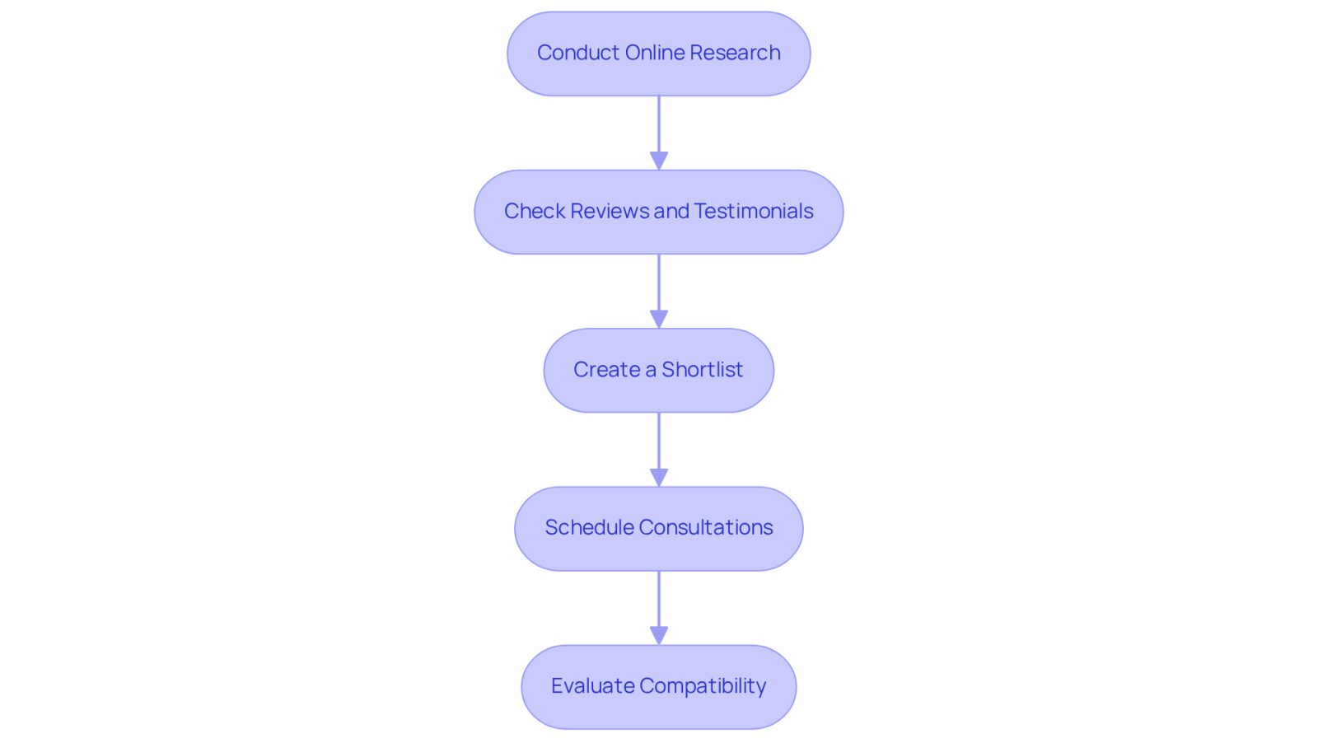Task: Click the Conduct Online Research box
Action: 658,54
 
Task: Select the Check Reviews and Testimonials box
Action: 658,212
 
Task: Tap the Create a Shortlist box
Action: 658,370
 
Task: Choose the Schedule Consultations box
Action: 658,528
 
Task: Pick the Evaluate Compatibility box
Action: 658,686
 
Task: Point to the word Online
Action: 655,53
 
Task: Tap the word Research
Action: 736,53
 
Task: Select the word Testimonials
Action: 754,211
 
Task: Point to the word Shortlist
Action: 702,370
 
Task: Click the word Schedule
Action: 589,528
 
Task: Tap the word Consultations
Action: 706,528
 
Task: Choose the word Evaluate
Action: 592,686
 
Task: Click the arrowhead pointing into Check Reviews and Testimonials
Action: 658,161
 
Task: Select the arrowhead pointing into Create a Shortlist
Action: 658,319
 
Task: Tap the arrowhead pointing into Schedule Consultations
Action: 658,477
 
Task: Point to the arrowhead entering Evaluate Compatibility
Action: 658,635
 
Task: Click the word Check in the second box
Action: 535,211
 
